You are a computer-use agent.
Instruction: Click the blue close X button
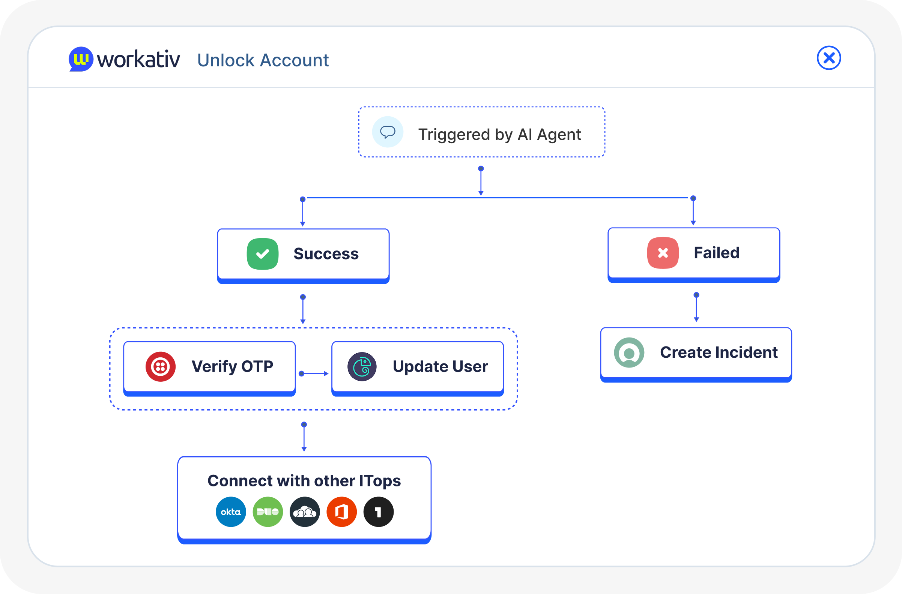tap(828, 58)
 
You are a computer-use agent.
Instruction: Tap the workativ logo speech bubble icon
tap(81, 59)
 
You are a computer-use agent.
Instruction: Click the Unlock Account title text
tap(263, 60)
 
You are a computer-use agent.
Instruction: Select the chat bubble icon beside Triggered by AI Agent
tap(387, 132)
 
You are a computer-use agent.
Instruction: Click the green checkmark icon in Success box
tap(262, 254)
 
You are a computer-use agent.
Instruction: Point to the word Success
tap(326, 254)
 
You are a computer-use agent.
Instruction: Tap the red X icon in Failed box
tap(663, 253)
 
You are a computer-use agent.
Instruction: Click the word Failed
tap(716, 253)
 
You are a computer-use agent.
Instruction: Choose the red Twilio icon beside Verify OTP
tap(160, 366)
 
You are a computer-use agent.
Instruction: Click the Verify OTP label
tap(232, 366)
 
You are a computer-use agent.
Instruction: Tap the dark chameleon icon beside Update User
tap(362, 366)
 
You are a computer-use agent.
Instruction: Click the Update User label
tap(440, 366)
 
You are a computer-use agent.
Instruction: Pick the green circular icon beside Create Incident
tap(629, 352)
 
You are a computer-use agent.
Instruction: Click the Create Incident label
tap(719, 352)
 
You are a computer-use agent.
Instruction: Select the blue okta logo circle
tap(231, 512)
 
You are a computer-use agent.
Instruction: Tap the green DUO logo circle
tap(268, 512)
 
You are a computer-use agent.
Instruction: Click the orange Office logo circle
tap(341, 512)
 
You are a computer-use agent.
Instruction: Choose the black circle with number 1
tap(378, 512)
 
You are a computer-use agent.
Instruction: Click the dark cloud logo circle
tap(305, 512)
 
